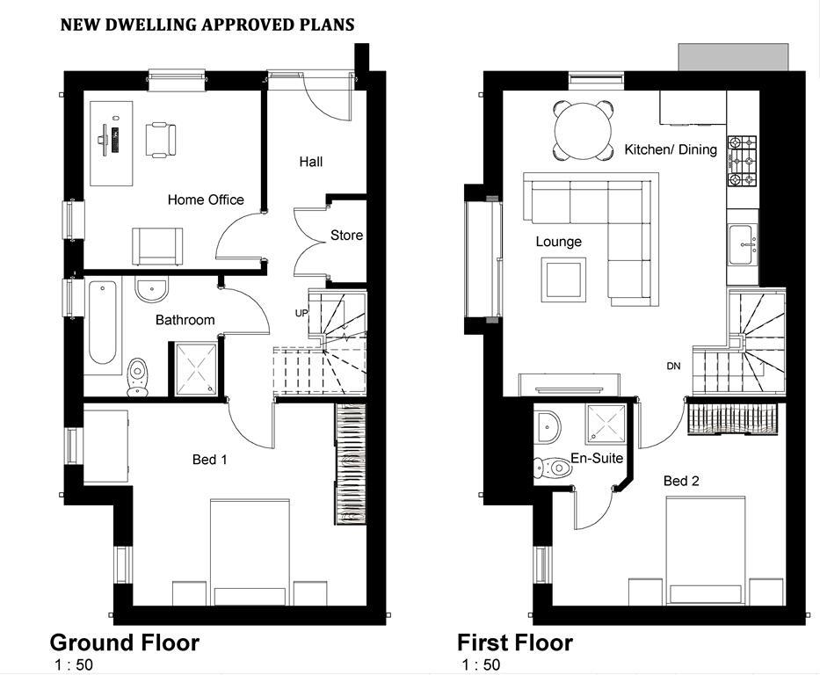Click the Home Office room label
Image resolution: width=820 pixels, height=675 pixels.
(x=206, y=200)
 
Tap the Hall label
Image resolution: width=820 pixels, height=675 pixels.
(x=310, y=162)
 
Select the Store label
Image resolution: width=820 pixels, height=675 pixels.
(x=346, y=236)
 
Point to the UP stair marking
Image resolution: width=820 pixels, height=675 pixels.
(x=301, y=313)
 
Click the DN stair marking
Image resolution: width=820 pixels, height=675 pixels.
(x=673, y=366)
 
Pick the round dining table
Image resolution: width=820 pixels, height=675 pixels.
(x=583, y=131)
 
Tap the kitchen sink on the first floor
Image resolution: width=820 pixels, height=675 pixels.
(x=743, y=244)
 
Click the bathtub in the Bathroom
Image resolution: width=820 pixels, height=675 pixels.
(x=103, y=323)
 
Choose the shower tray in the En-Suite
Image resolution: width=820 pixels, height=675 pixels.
(x=606, y=423)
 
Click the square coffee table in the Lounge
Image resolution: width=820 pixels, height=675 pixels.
(x=563, y=279)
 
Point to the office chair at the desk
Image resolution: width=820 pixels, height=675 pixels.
(x=161, y=139)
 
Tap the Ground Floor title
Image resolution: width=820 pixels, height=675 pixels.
(x=125, y=642)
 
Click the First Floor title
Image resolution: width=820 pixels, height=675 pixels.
(x=515, y=642)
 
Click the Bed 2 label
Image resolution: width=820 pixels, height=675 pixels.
(x=681, y=481)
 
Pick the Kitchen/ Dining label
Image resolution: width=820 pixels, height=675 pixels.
(x=671, y=150)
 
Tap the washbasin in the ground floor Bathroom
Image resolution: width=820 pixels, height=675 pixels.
(x=152, y=290)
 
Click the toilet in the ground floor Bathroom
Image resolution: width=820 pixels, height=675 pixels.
(x=137, y=376)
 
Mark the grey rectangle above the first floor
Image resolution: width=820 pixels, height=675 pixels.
(x=733, y=57)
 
